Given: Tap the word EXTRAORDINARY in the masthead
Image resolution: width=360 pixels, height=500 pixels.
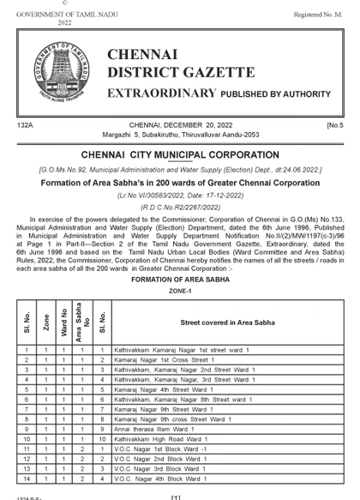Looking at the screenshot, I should point(160,92).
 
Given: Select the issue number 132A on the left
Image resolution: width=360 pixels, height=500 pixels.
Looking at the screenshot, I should point(25,125).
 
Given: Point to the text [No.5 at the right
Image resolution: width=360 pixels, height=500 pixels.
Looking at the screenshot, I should point(334,125).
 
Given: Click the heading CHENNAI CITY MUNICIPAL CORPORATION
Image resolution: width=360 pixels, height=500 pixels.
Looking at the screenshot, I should point(180,155).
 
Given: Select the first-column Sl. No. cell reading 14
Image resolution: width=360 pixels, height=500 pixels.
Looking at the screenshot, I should point(27,479).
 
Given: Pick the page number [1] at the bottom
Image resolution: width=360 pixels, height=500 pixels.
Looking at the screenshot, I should point(176,497).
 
